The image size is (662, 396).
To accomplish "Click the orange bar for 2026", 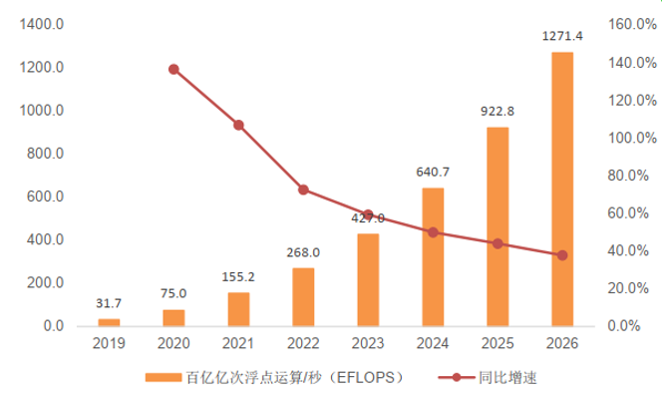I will [562, 189].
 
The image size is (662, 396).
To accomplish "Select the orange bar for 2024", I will [433, 256].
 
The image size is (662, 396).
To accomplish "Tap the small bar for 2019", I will [109, 322].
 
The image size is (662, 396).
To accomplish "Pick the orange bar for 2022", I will [303, 296].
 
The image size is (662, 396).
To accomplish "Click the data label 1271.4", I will [562, 37].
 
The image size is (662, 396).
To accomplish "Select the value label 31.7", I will [109, 304].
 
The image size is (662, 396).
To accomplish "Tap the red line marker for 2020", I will [173, 70].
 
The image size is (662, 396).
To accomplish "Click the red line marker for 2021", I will [238, 125].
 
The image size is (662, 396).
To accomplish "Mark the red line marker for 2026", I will [562, 255].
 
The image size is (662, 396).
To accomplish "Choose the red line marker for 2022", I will [303, 190].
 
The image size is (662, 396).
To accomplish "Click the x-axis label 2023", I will [368, 343].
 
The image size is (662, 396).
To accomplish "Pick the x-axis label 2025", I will [497, 343].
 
